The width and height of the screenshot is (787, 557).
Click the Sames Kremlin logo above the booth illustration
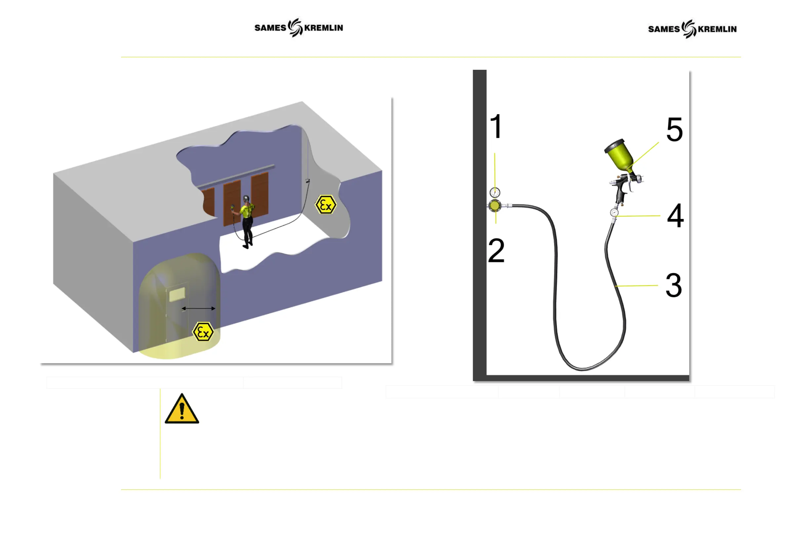(x=298, y=28)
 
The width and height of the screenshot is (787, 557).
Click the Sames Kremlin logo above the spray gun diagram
(x=692, y=29)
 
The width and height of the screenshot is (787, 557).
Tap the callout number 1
(x=496, y=126)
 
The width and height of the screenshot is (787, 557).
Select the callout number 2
(x=496, y=251)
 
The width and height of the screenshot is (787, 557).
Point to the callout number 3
(x=674, y=285)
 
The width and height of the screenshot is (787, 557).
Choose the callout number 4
(x=675, y=216)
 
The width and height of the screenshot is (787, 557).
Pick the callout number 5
(x=674, y=129)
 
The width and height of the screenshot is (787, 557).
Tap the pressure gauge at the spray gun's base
(x=614, y=213)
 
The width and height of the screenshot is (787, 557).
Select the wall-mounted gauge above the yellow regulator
(x=494, y=192)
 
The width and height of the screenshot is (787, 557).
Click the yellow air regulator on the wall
(x=494, y=206)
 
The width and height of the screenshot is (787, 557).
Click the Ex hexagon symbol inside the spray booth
(x=325, y=205)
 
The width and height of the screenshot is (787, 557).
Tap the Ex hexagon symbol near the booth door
(x=203, y=332)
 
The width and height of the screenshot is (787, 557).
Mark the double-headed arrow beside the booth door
(x=198, y=308)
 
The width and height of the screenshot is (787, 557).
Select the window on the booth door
(x=177, y=294)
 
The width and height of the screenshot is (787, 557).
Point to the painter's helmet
(x=246, y=198)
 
